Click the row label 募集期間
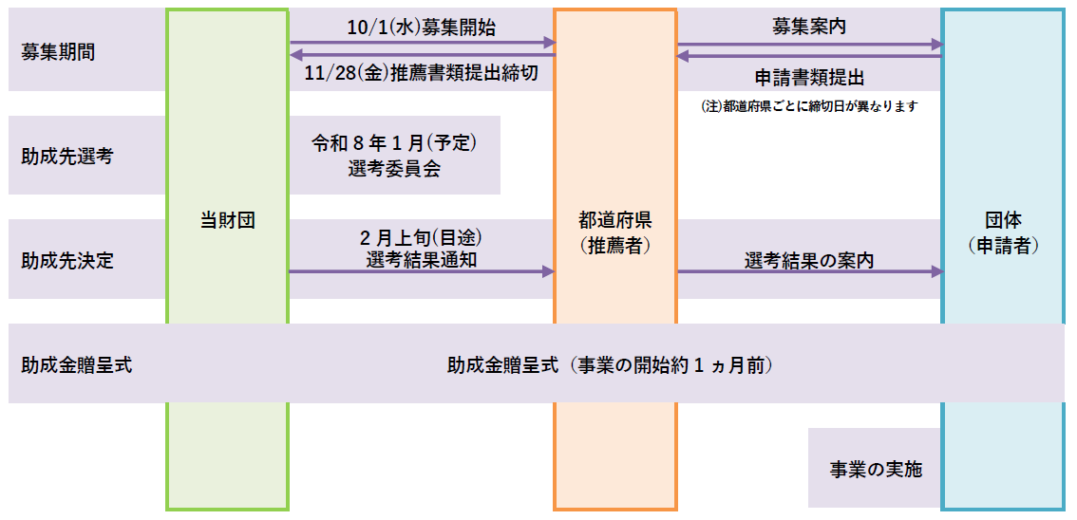click(x=58, y=52)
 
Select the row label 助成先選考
click(x=66, y=157)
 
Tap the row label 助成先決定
click(x=66, y=260)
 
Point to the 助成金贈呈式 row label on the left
click(x=77, y=364)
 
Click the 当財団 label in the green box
click(x=228, y=221)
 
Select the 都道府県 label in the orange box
click(x=614, y=221)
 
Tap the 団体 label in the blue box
click(x=1003, y=221)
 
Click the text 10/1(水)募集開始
click(x=421, y=28)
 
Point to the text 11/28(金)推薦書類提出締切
click(x=422, y=74)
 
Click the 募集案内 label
click(x=809, y=27)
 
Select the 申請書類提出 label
click(x=809, y=76)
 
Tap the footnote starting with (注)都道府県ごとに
click(x=809, y=106)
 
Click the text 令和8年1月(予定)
click(x=393, y=144)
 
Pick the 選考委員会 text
click(x=393, y=169)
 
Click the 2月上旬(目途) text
click(x=421, y=237)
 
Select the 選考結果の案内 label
click(x=809, y=259)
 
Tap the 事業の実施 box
click(x=875, y=469)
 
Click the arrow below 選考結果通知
click(x=421, y=271)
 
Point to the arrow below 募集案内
click(x=809, y=44)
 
